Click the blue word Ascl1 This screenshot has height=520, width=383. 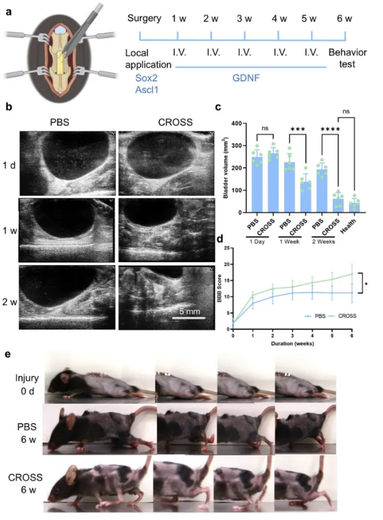[x=139, y=89]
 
